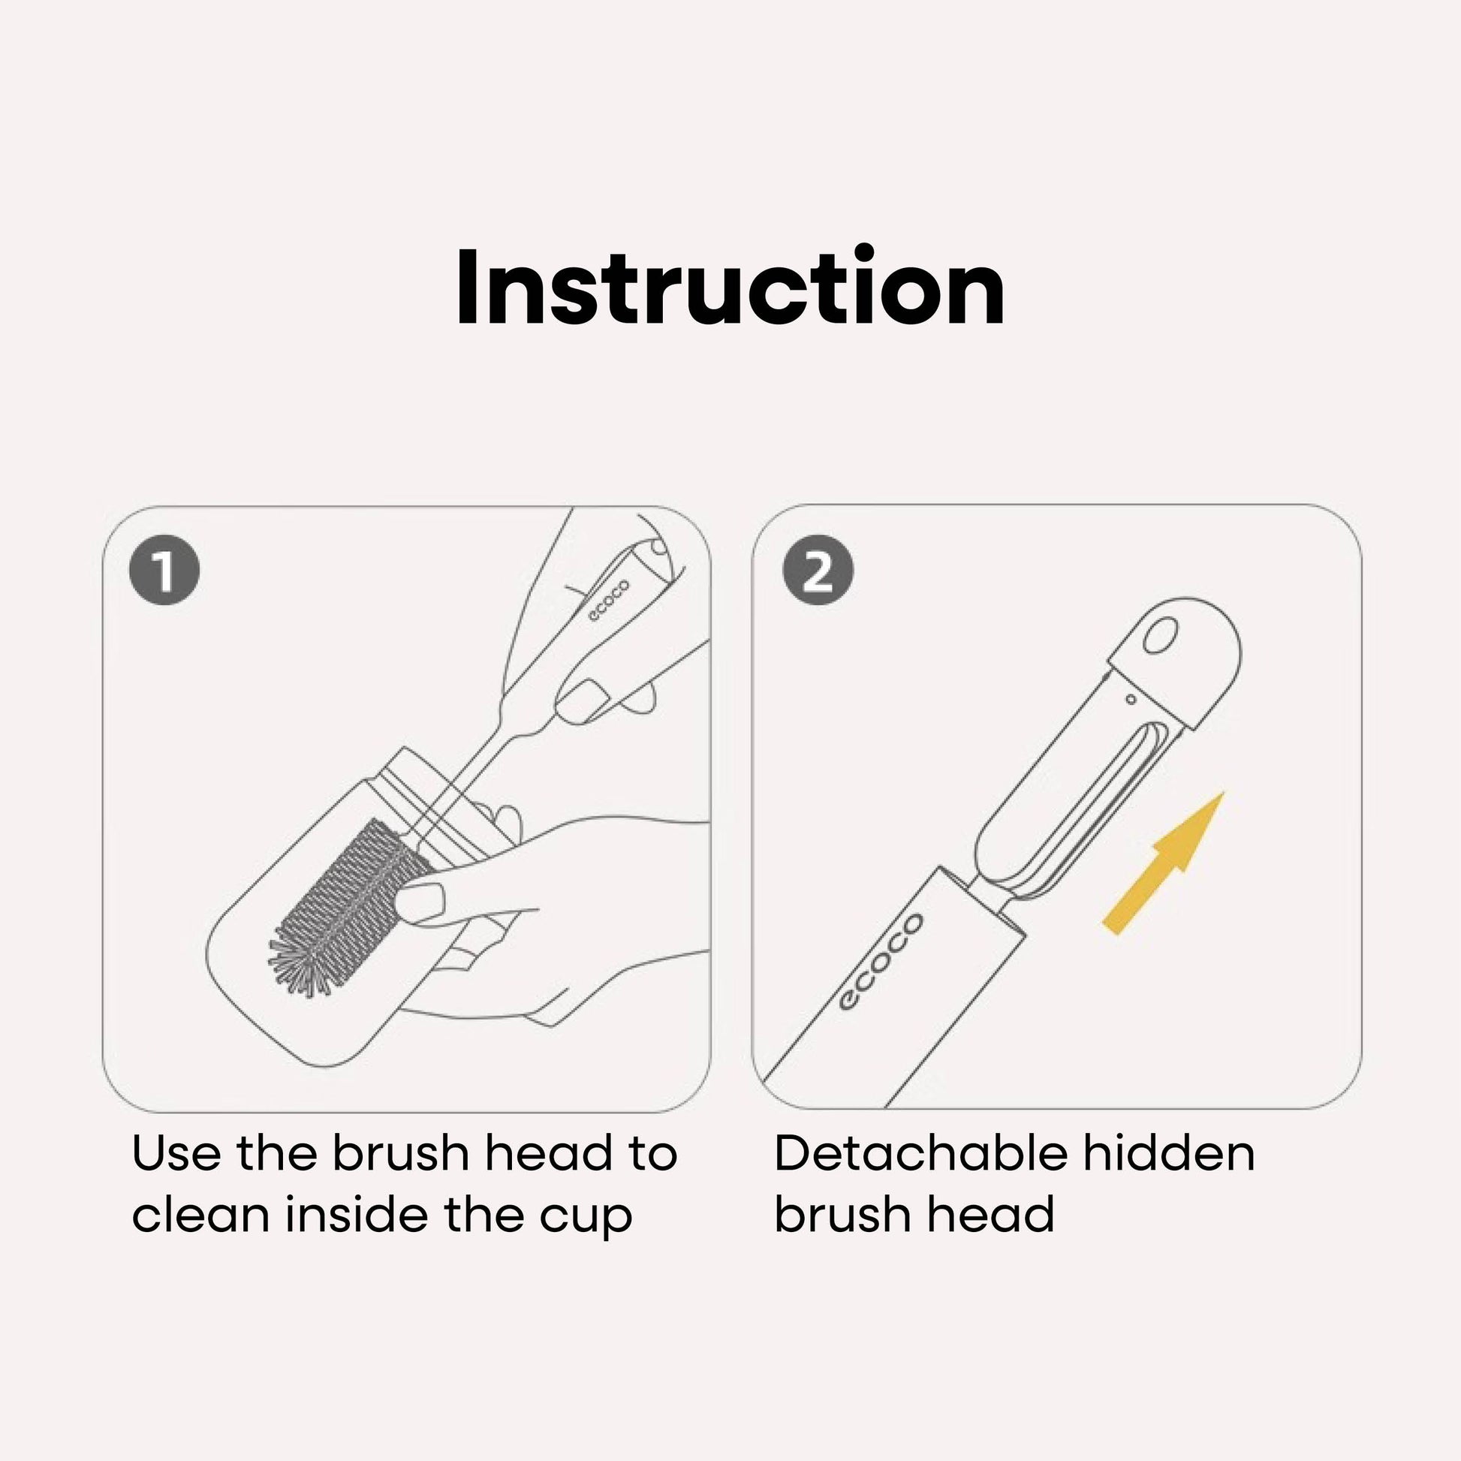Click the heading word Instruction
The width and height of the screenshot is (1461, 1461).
730,288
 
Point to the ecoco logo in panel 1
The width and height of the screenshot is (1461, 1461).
609,601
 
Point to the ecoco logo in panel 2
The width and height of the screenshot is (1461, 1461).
881,960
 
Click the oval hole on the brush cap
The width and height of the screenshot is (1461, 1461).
1161,634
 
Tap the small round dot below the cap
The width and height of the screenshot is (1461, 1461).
1131,699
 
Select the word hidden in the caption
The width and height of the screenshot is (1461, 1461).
1169,1154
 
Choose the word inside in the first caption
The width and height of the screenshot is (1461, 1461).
357,1215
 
